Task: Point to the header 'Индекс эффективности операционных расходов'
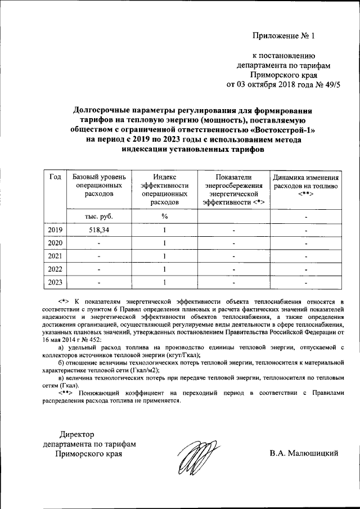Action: pos(164,188)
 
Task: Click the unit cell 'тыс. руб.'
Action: pos(99,216)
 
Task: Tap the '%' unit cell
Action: pos(164,216)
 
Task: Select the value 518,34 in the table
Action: pos(99,230)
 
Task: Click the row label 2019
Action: pos(55,230)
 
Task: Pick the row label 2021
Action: pos(55,256)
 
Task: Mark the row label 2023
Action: pos(55,282)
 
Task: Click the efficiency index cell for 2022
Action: pos(164,269)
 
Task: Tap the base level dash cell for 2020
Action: pos(99,244)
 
